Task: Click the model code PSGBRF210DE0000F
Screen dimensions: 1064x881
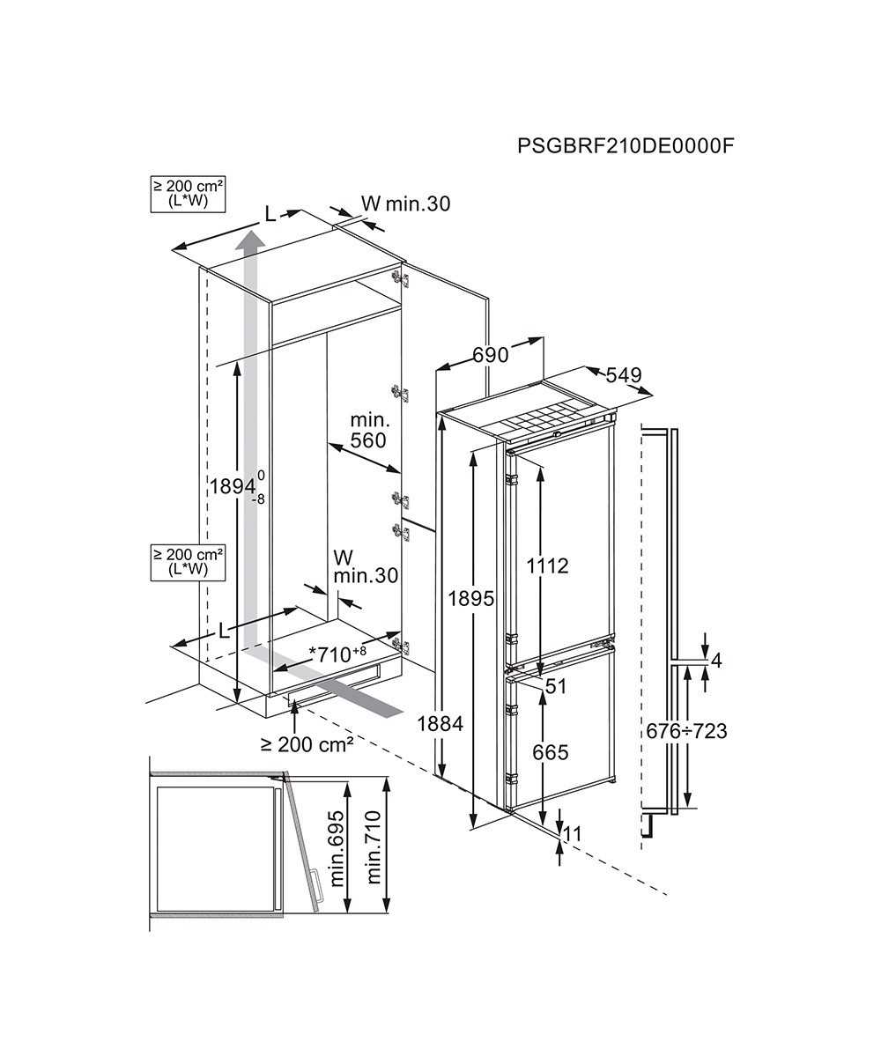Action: [626, 145]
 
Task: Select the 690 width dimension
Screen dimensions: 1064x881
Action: [491, 355]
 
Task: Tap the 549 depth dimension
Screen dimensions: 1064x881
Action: [623, 375]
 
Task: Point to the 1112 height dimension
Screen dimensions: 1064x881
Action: [548, 566]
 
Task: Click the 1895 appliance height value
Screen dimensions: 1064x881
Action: [470, 598]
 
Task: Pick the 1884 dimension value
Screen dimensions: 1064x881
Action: [440, 724]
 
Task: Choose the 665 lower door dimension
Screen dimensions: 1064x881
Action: [550, 752]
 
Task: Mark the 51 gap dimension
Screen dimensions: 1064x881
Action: [556, 687]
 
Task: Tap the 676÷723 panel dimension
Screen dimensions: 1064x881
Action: [686, 731]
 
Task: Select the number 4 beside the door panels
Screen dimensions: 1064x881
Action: [716, 661]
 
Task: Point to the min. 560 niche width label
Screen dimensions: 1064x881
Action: [367, 430]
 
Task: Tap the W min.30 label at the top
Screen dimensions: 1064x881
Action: [406, 204]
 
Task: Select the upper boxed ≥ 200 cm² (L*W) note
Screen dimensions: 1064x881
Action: [188, 193]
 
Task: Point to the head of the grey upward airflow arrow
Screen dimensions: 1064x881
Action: [251, 239]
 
